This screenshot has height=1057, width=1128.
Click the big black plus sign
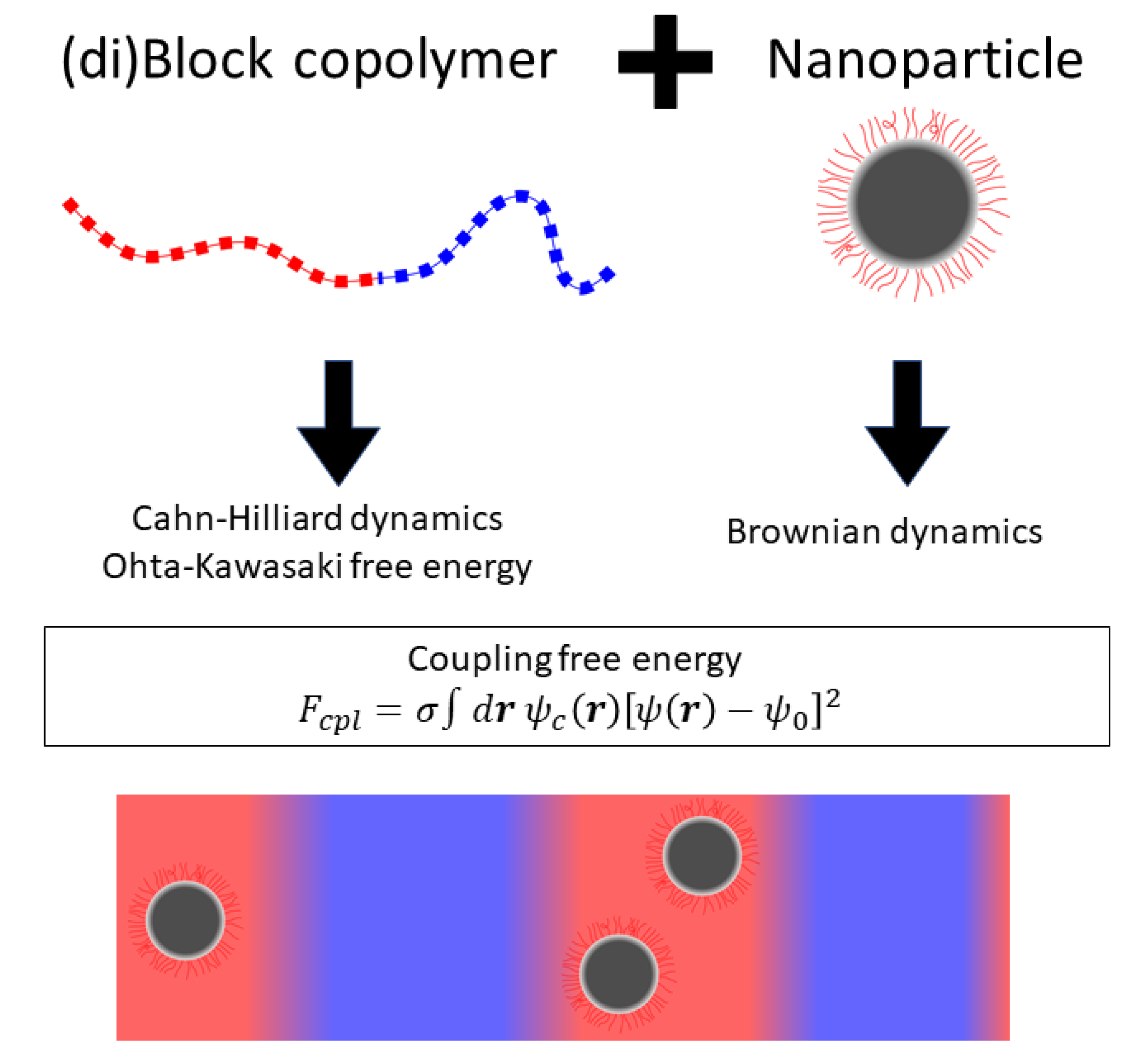(665, 61)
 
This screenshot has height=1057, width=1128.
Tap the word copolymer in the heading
(425, 61)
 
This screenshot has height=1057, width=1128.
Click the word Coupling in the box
(478, 659)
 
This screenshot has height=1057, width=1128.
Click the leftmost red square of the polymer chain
(70, 206)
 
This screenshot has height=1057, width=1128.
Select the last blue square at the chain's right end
(607, 275)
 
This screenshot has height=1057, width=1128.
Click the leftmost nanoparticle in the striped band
(186, 920)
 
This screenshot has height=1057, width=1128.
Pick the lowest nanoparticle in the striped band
(618, 974)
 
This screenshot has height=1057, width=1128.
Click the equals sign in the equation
(389, 710)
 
